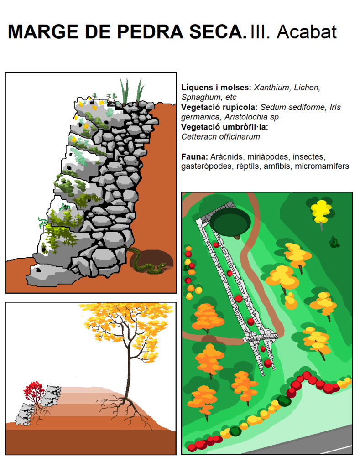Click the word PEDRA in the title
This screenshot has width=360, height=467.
point(150,32)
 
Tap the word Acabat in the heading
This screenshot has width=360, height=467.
point(307,32)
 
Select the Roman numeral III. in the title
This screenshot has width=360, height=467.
point(260,32)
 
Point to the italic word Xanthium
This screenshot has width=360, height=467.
point(271,88)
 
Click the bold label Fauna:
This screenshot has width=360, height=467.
point(194,157)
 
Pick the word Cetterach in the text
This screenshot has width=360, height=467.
point(199,137)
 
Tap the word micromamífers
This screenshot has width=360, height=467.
point(322,166)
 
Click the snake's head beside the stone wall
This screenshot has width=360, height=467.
point(163,265)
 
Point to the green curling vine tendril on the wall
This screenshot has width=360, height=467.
point(42,222)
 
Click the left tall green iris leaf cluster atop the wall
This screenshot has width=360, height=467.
point(125,91)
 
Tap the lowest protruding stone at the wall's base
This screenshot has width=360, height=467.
point(49,275)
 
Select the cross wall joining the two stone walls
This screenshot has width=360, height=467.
point(261,338)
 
